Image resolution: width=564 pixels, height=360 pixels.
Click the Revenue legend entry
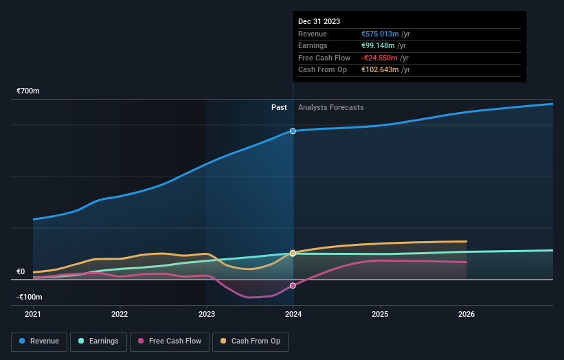click(x=39, y=341)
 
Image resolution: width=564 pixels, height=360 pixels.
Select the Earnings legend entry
click(x=98, y=341)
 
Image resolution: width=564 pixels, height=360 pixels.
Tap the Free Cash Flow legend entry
click(x=169, y=341)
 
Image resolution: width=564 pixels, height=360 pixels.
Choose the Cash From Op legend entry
click(x=251, y=341)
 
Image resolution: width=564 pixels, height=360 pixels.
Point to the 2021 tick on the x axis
click(x=33, y=315)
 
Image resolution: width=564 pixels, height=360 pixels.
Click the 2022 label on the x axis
click(x=120, y=315)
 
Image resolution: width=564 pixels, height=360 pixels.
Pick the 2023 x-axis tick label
click(x=206, y=315)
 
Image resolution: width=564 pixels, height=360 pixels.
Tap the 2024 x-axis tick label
click(x=293, y=315)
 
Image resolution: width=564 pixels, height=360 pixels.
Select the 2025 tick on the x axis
click(x=380, y=315)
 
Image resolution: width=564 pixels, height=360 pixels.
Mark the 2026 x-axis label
click(x=466, y=315)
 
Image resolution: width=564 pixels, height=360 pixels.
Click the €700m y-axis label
click(x=29, y=91)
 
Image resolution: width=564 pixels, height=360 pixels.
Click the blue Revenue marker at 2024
click(x=293, y=131)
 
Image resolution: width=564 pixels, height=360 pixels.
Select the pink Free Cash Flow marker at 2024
click(x=293, y=285)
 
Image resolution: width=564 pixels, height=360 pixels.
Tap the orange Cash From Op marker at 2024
click(x=293, y=253)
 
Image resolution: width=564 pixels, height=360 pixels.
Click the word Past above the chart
click(x=279, y=107)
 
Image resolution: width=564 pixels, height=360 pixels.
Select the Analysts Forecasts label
click(x=331, y=107)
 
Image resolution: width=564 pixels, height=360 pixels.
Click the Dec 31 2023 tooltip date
click(x=319, y=22)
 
